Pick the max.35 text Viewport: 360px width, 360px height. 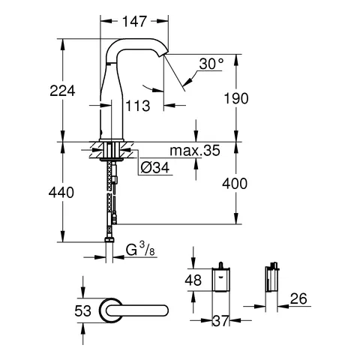click(x=195, y=151)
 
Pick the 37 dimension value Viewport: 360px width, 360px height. click(x=219, y=321)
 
